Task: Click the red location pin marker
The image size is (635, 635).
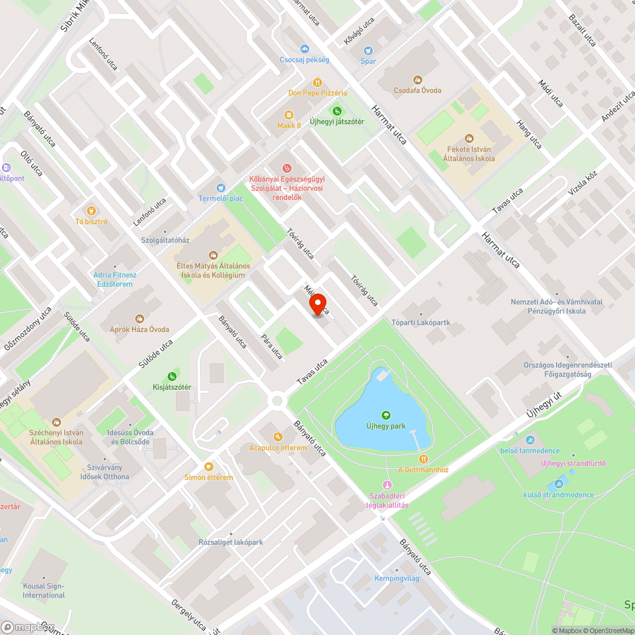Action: click(x=318, y=305)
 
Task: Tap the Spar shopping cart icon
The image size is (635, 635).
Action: click(x=368, y=51)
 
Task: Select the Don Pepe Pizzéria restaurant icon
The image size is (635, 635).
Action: click(x=317, y=83)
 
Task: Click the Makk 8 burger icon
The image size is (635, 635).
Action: click(x=289, y=115)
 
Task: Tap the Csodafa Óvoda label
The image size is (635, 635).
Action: click(x=417, y=90)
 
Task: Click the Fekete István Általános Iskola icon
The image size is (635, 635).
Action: click(x=469, y=138)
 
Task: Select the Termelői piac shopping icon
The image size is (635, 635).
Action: click(x=220, y=188)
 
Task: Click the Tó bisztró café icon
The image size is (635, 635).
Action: click(x=91, y=211)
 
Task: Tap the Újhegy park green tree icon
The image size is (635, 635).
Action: click(x=385, y=415)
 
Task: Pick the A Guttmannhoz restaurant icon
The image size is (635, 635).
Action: click(x=423, y=458)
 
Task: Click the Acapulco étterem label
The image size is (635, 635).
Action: click(x=278, y=448)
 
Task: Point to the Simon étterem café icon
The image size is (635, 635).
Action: click(x=209, y=466)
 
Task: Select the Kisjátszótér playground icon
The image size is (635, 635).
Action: click(x=171, y=377)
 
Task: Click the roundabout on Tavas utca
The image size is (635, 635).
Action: click(x=277, y=400)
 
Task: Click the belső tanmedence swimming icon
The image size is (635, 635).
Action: click(x=530, y=440)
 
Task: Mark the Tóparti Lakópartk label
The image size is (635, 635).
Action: click(x=420, y=322)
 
